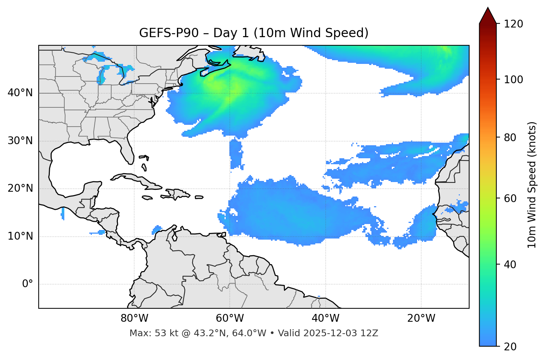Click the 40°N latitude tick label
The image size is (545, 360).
[x=20, y=93]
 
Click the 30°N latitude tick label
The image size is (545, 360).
[x=20, y=141]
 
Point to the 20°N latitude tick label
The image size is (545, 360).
[x=20, y=189]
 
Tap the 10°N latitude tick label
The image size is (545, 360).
[x=20, y=236]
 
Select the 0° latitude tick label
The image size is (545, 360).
[x=28, y=284]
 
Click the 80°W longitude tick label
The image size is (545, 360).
[x=134, y=318]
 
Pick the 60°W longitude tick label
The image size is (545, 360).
[x=230, y=318]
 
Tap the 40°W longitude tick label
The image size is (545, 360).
[x=325, y=318]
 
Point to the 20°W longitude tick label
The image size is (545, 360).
[x=421, y=318]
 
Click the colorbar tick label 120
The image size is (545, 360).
[x=513, y=24]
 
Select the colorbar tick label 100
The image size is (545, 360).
[x=513, y=80]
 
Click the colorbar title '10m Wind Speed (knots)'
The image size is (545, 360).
[x=532, y=185]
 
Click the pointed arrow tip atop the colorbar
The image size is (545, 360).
[x=488, y=9]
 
